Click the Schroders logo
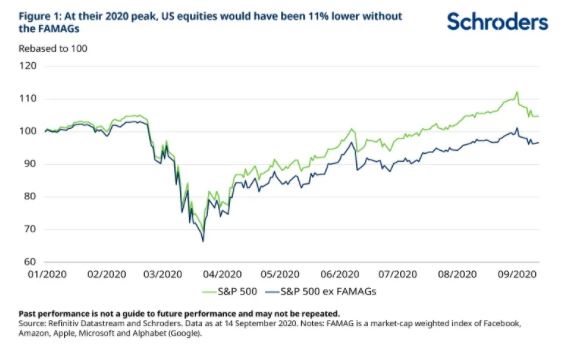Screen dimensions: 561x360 (497, 21)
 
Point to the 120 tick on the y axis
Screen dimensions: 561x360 (28, 66)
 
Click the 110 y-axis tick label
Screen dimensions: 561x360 (28, 98)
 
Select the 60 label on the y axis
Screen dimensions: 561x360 (30, 262)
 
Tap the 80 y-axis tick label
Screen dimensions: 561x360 (30, 196)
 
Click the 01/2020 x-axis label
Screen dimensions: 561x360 (47, 274)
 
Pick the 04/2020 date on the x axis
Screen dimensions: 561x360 (222, 274)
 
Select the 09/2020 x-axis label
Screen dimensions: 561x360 (517, 274)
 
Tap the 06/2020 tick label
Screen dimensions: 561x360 (340, 274)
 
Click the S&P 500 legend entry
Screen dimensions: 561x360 (229, 292)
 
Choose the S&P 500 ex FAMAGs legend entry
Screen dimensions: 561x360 (321, 292)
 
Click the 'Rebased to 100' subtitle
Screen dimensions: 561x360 (53, 49)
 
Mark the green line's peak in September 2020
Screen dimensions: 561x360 (517, 92)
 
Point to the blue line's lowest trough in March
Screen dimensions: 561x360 (203, 241)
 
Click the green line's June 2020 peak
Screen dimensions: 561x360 (352, 129)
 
